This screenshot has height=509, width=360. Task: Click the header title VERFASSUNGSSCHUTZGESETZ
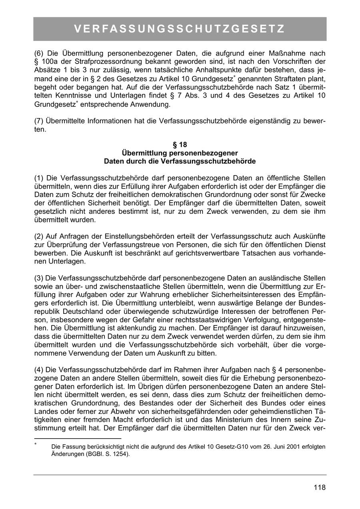pyautogui.click(x=180, y=29)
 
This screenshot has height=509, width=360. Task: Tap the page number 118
pyautogui.click(x=320, y=487)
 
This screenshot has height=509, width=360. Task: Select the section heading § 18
pyautogui.click(x=180, y=145)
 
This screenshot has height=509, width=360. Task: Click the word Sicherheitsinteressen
pyautogui.click(x=238, y=295)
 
